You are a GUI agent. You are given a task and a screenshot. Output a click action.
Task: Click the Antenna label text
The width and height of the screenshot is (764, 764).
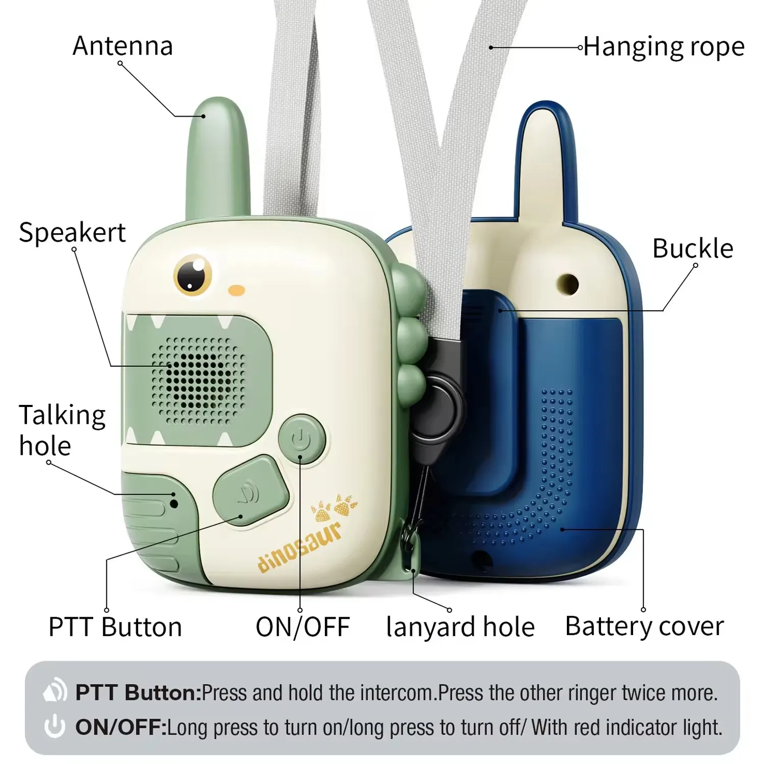(123, 46)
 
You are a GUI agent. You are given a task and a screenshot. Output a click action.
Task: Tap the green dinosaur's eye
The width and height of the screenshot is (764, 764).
(193, 274)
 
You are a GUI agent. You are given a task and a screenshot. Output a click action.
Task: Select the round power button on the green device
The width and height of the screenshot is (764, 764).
(302, 439)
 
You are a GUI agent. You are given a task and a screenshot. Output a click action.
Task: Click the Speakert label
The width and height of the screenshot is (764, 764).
(72, 233)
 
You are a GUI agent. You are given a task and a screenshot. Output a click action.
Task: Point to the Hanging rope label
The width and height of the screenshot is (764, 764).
(664, 47)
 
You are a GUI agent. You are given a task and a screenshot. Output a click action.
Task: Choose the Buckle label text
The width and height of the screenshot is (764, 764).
(693, 249)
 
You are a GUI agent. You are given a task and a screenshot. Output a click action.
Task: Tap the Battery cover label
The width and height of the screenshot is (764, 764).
(644, 626)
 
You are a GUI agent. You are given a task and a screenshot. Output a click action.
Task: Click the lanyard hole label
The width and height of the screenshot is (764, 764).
(460, 626)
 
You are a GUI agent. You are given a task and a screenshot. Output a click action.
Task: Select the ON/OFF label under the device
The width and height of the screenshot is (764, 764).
(303, 626)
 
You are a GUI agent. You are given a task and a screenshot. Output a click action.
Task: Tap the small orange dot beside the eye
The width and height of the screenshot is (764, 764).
(237, 290)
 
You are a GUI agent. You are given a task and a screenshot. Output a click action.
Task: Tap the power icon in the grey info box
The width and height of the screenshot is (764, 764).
(54, 727)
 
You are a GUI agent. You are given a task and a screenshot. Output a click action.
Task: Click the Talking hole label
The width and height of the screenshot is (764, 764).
(62, 430)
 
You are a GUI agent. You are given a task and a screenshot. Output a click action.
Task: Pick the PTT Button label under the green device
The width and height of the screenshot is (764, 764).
(115, 626)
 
